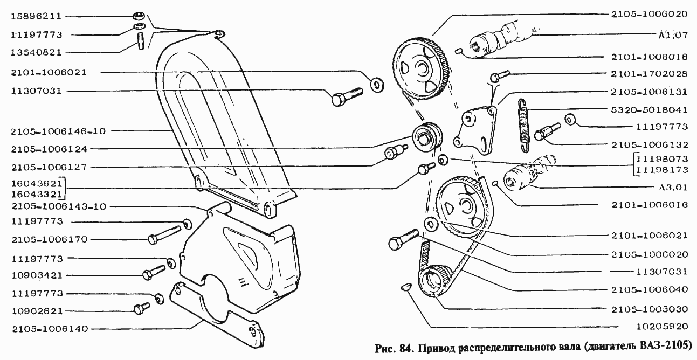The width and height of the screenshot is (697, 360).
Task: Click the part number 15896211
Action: pyautogui.click(x=36, y=16)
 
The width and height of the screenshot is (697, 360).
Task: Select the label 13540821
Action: pyautogui.click(x=36, y=52)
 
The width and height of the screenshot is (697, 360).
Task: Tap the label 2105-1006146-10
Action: pyautogui.click(x=59, y=131)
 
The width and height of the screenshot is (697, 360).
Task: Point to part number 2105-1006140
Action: pyautogui.click(x=50, y=329)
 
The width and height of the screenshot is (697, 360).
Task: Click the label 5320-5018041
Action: pyautogui.click(x=649, y=110)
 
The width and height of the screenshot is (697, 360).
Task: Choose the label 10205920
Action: pyautogui.click(x=662, y=327)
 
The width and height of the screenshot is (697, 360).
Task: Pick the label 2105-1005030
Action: pyautogui.click(x=649, y=309)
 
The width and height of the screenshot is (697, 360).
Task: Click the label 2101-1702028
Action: pyautogui.click(x=649, y=74)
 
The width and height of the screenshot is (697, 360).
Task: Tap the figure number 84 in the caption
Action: pyautogui.click(x=404, y=347)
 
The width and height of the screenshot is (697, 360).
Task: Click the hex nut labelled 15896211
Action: pyautogui.click(x=138, y=16)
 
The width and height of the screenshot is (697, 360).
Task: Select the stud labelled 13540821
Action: pyautogui.click(x=141, y=41)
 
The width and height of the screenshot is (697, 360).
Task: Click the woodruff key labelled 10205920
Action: pyautogui.click(x=406, y=287)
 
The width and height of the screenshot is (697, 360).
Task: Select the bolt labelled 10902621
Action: pyautogui.click(x=142, y=308)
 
